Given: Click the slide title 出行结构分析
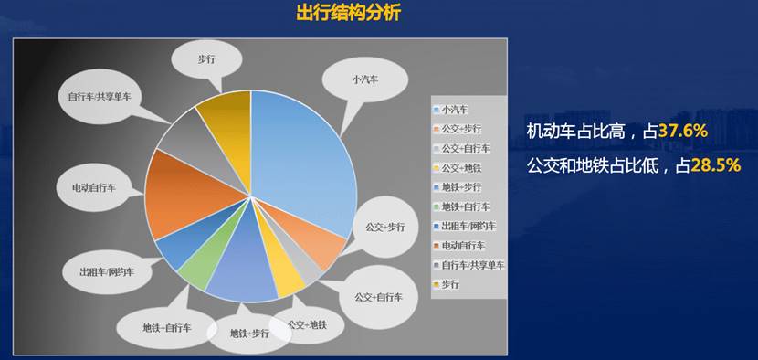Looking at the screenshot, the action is [348, 13].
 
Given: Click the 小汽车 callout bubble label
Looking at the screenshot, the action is [365, 79].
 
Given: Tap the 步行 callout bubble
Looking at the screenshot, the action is [206, 59].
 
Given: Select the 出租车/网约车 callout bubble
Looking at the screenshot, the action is [107, 272].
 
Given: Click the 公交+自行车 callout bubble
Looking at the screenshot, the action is [377, 297].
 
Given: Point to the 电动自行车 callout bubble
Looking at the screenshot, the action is [94, 187].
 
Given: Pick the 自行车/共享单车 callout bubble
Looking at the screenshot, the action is [100, 96].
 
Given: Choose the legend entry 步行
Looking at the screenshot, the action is [447, 284].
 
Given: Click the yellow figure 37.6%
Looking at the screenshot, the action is [682, 131].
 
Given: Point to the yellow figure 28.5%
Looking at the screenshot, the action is [716, 165].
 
